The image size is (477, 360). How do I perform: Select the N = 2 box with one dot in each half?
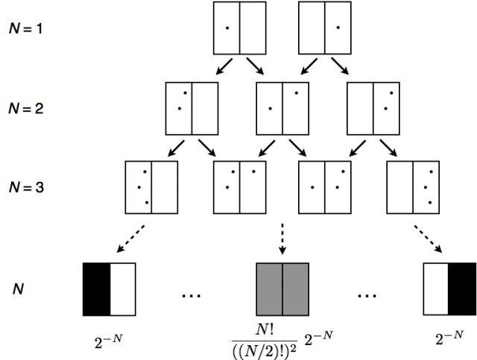tap(281, 107)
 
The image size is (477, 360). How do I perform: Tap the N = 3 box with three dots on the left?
tap(151, 186)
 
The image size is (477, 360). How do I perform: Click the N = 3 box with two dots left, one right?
tap(238, 186)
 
